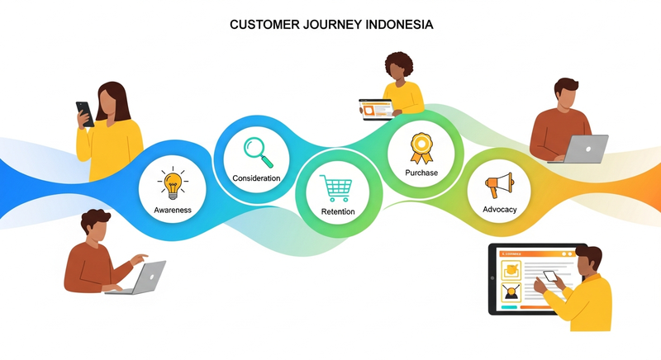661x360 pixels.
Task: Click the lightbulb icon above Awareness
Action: (x=173, y=184)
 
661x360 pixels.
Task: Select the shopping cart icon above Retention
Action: (x=337, y=188)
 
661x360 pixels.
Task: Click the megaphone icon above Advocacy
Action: (x=499, y=183)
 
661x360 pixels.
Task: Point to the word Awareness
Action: (x=173, y=210)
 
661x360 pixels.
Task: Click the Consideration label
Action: (x=256, y=178)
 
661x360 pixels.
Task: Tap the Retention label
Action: (x=337, y=212)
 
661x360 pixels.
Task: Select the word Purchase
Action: (x=421, y=173)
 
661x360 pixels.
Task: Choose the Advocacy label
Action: (x=499, y=209)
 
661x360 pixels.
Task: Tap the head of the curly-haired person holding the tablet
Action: (x=399, y=66)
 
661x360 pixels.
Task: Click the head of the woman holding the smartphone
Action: (x=112, y=102)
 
